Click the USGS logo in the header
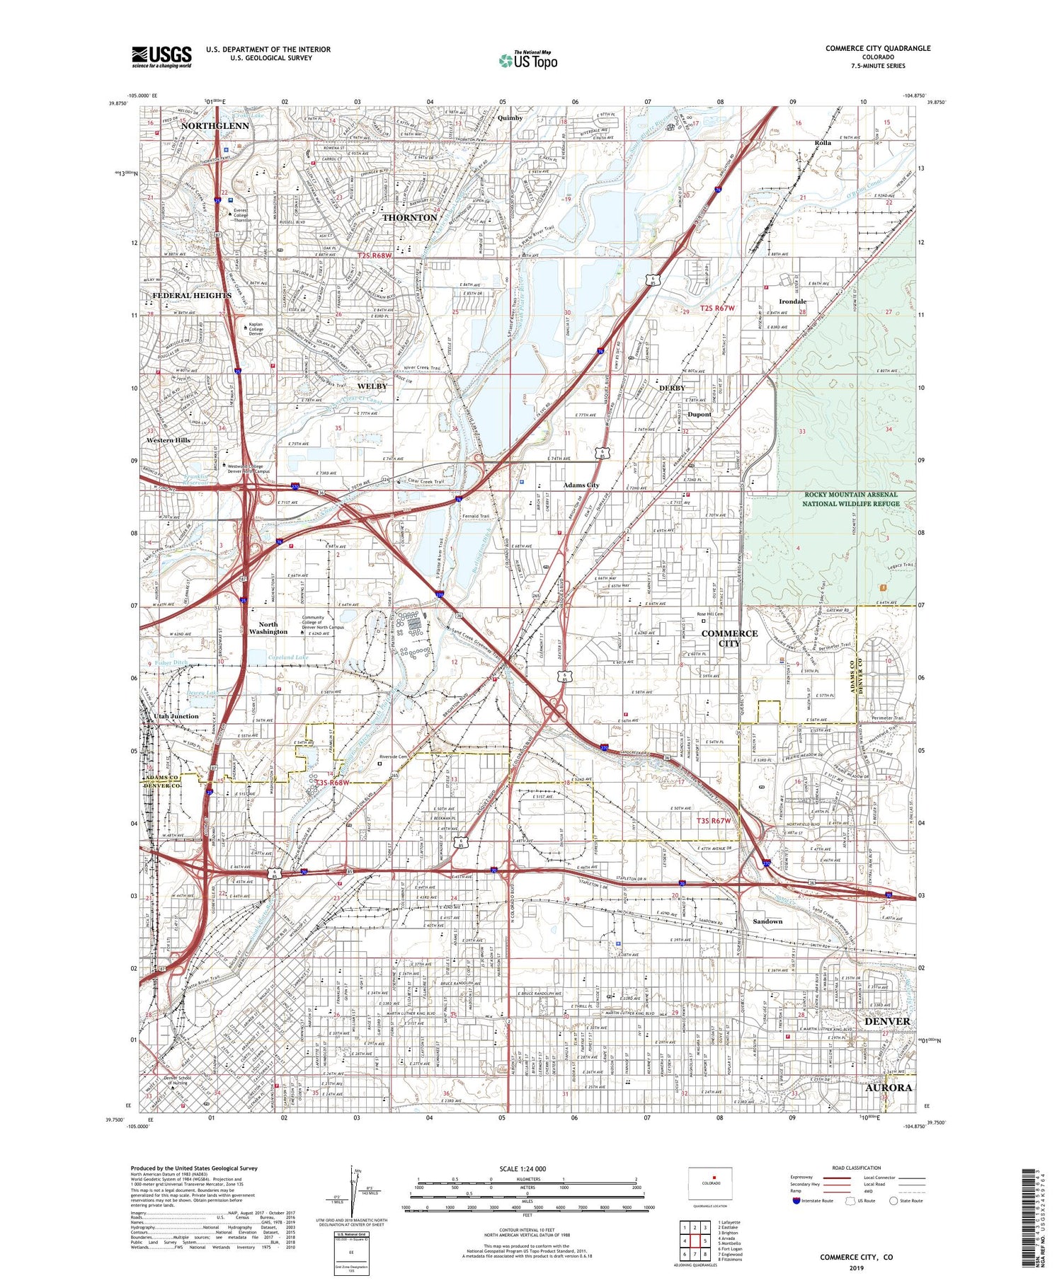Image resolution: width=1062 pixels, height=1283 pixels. point(161,57)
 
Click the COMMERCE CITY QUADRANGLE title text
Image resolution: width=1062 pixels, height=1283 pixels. point(877,48)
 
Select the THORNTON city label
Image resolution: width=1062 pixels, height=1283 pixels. point(409,217)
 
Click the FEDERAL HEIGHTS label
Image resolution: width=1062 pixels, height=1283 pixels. point(192,295)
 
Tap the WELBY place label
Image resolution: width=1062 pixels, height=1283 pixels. point(372,386)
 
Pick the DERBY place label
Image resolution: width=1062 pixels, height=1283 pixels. point(672,388)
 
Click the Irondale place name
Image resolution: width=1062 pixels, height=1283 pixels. point(793,301)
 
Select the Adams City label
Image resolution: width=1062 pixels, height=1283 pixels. point(581,485)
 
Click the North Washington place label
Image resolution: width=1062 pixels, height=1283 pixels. point(268,628)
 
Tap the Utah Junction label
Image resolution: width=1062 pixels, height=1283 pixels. point(176,716)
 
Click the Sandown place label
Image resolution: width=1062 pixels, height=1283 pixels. point(767,921)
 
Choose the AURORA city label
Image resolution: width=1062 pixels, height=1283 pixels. point(888,1087)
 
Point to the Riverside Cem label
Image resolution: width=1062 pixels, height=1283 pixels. point(394,757)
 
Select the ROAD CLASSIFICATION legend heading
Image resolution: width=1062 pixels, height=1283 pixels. point(857,1168)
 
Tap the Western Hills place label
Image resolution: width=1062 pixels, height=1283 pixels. point(169,440)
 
